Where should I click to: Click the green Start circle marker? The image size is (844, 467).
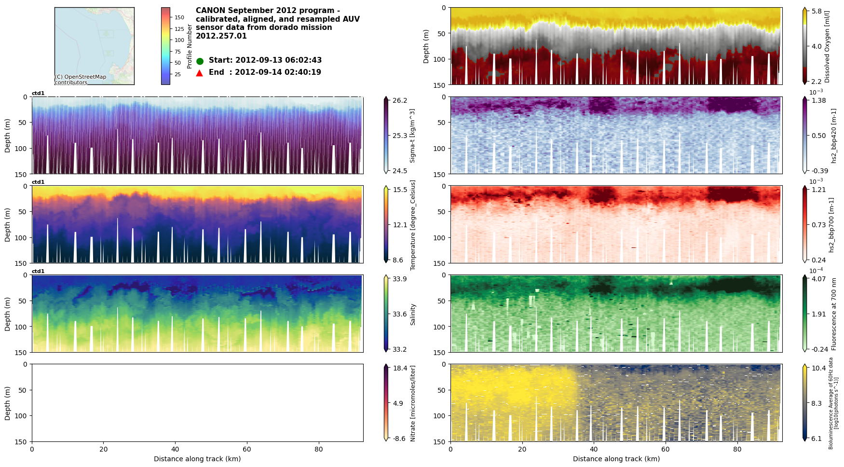(x=200, y=61)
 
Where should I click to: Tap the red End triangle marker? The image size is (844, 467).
(x=200, y=73)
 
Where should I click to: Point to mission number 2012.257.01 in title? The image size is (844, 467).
(x=221, y=36)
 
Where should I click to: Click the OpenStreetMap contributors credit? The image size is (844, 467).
(x=81, y=80)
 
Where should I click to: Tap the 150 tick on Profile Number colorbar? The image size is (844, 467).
(x=179, y=17)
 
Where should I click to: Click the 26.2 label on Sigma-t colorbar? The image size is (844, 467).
(x=399, y=100)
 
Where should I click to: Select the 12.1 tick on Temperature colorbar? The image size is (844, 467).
(x=399, y=225)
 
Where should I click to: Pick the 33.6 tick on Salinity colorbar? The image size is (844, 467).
(x=399, y=314)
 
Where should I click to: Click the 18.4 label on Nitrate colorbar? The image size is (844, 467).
(x=399, y=368)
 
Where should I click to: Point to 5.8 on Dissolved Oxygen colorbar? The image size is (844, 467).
(x=817, y=11)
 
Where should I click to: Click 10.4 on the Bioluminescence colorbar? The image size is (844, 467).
(x=818, y=368)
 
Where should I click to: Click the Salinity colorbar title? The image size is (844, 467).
(x=413, y=314)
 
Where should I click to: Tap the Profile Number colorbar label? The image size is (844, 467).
(x=190, y=46)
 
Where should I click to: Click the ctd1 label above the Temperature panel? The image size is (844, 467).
(x=38, y=182)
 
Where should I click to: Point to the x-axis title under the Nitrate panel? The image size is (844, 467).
(x=197, y=459)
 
